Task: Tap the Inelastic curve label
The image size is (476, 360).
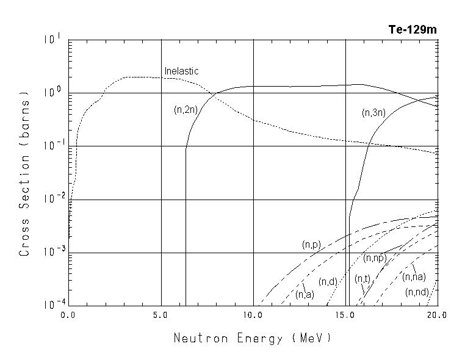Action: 182,71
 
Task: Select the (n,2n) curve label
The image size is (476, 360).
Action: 186,110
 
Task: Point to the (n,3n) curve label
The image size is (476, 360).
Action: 373,112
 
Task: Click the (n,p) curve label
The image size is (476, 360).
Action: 312,244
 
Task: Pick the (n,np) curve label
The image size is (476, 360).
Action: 375,258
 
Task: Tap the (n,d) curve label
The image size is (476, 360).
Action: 328,281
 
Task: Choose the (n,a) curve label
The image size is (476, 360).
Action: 305,295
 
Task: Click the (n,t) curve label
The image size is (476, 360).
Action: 362,279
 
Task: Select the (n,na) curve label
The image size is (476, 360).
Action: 414,277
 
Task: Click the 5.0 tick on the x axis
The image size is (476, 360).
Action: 161,315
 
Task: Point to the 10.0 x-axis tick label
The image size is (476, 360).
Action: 253,315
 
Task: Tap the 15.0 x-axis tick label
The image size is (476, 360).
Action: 345,315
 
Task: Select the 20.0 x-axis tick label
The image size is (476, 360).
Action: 437,315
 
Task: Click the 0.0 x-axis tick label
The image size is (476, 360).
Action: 69,315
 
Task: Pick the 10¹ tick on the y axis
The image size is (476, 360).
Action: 52,40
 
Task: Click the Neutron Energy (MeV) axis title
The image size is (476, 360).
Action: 253,337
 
